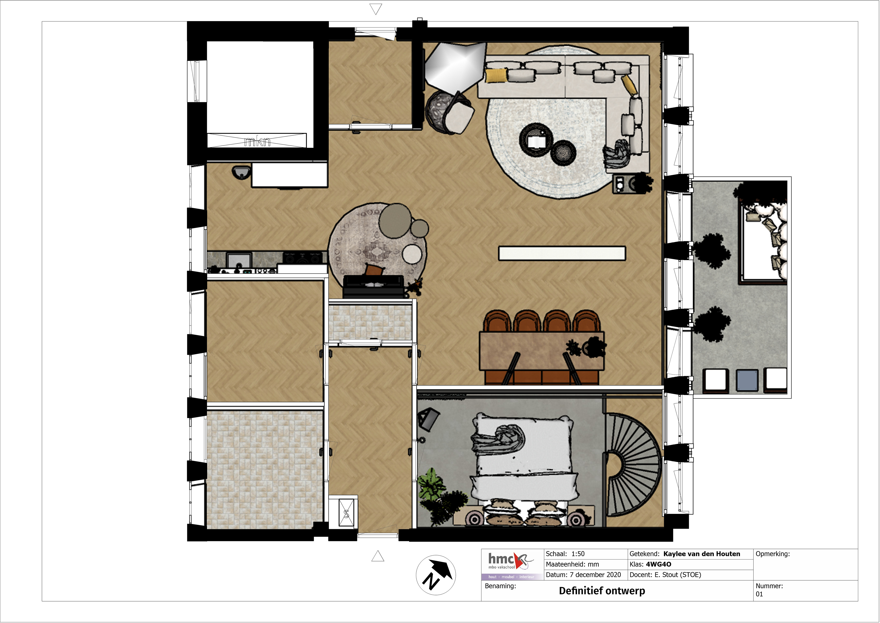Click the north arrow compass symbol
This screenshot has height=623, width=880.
(436, 575)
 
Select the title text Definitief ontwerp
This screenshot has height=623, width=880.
(602, 591)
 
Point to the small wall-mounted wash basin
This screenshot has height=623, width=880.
(242, 172)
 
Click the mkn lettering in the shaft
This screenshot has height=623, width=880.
(258, 142)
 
